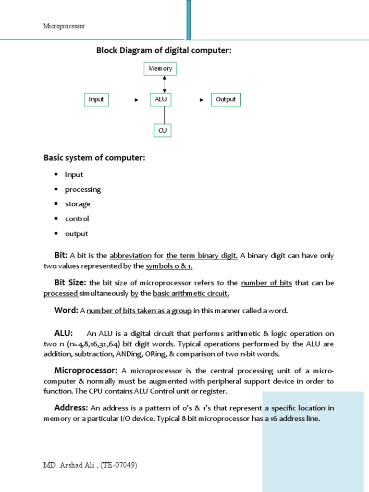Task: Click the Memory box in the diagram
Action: (x=160, y=69)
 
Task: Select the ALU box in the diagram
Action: (x=160, y=99)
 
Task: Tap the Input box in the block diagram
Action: (x=96, y=99)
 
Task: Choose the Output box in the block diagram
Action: (x=225, y=99)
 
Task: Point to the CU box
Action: (x=162, y=130)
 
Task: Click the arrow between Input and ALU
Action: (x=133, y=100)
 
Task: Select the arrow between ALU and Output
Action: (x=197, y=100)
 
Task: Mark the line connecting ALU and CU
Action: (x=165, y=115)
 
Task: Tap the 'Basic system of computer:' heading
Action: (x=94, y=158)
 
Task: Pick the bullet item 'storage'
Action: (x=78, y=204)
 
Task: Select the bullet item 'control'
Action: (x=77, y=219)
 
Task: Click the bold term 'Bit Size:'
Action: (x=70, y=283)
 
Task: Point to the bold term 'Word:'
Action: (x=66, y=310)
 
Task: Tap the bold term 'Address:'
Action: (x=71, y=408)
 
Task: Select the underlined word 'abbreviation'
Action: (x=131, y=256)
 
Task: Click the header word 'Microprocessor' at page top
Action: (x=64, y=26)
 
